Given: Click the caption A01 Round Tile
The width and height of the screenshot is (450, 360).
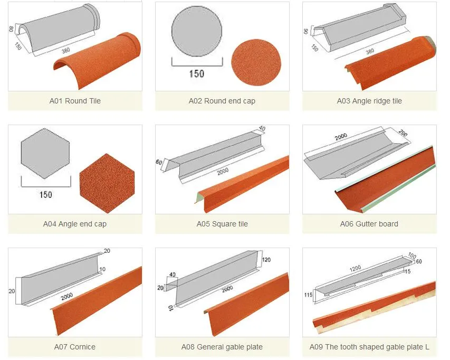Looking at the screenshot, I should [x=75, y=101].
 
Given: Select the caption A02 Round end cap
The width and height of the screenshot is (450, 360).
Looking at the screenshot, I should [x=222, y=101].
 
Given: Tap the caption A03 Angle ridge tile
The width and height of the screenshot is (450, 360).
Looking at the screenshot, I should [x=369, y=101].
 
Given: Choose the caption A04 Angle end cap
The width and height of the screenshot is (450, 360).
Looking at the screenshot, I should [x=75, y=224].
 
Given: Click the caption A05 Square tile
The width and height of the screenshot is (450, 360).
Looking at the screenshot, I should [x=222, y=224].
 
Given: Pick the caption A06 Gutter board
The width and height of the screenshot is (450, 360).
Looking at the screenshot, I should [x=369, y=224].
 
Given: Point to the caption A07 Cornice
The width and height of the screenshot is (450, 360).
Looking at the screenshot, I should [x=75, y=347].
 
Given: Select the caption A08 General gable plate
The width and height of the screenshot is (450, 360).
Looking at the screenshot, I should [x=222, y=347].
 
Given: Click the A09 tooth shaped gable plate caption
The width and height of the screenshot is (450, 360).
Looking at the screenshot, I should [x=369, y=347].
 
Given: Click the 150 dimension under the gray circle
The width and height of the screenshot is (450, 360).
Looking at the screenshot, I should [x=196, y=73].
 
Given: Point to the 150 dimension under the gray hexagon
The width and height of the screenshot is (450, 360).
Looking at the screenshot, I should [x=46, y=195].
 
